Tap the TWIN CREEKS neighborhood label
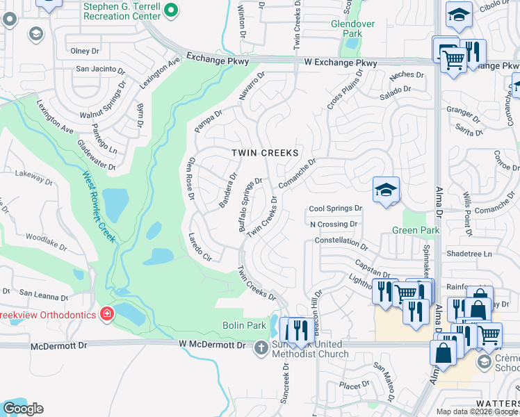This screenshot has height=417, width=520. pos(265,153)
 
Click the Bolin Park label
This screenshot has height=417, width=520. pos(245,325)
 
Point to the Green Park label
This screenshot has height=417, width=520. pos(416,231)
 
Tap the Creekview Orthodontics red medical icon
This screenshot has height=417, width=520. pos(106,315)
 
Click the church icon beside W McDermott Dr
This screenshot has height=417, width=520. pos(261,346)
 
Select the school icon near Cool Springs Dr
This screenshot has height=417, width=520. pos(385,190)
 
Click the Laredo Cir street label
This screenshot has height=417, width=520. pos(198,246)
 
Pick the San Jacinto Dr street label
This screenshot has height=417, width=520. pos(100,69)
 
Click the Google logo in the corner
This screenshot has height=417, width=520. pos(23,409)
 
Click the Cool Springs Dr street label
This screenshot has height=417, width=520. pos(336,208)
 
